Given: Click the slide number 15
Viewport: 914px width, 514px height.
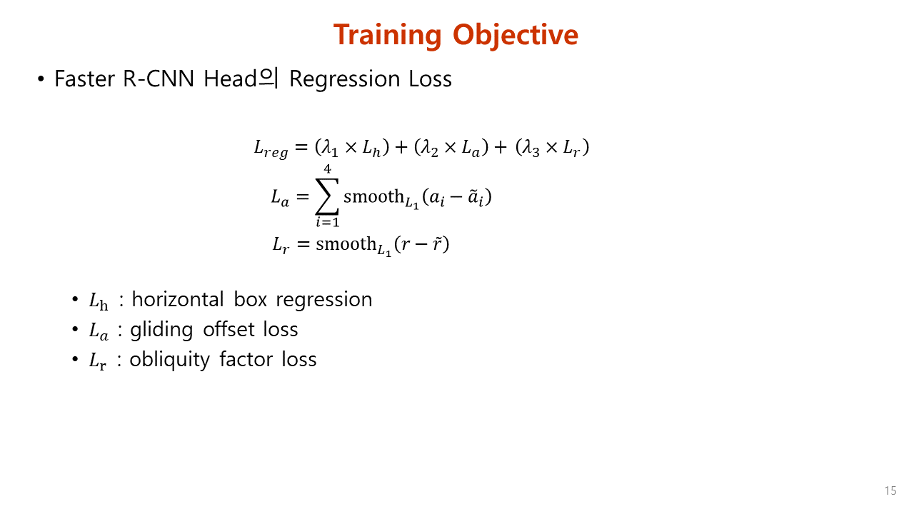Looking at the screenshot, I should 890,491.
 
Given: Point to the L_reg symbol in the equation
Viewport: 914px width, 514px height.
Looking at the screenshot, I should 271,148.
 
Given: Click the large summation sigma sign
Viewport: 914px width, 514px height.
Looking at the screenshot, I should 327,196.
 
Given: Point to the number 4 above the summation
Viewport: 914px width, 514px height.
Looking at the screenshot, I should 327,168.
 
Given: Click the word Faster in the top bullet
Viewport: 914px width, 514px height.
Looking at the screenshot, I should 84,79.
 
